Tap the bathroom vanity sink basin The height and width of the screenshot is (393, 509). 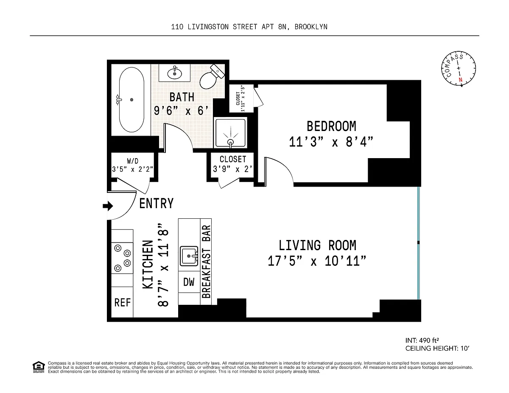(174, 74)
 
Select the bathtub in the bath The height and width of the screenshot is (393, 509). (131, 100)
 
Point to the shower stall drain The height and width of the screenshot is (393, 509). (231, 142)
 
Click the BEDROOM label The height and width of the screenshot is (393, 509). (331, 126)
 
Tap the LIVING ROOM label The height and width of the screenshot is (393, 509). (317, 245)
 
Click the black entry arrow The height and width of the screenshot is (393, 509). (108, 206)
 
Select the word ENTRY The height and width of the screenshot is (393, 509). (156, 203)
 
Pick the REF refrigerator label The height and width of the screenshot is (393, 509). (122, 302)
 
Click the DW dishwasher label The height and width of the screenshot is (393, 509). (189, 282)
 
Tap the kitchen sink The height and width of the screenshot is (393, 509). (189, 256)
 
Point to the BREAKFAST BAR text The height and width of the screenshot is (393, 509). (206, 262)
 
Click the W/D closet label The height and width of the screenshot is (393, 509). (133, 161)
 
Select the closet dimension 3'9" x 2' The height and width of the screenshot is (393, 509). (232, 169)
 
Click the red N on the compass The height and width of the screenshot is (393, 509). (461, 80)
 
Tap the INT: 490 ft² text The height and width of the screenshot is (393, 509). (422, 340)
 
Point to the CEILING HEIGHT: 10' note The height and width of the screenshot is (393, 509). (437, 348)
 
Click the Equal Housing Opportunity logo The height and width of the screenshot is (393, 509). (39, 367)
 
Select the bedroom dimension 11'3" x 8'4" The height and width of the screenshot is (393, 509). (331, 142)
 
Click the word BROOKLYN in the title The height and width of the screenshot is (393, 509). (311, 27)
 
